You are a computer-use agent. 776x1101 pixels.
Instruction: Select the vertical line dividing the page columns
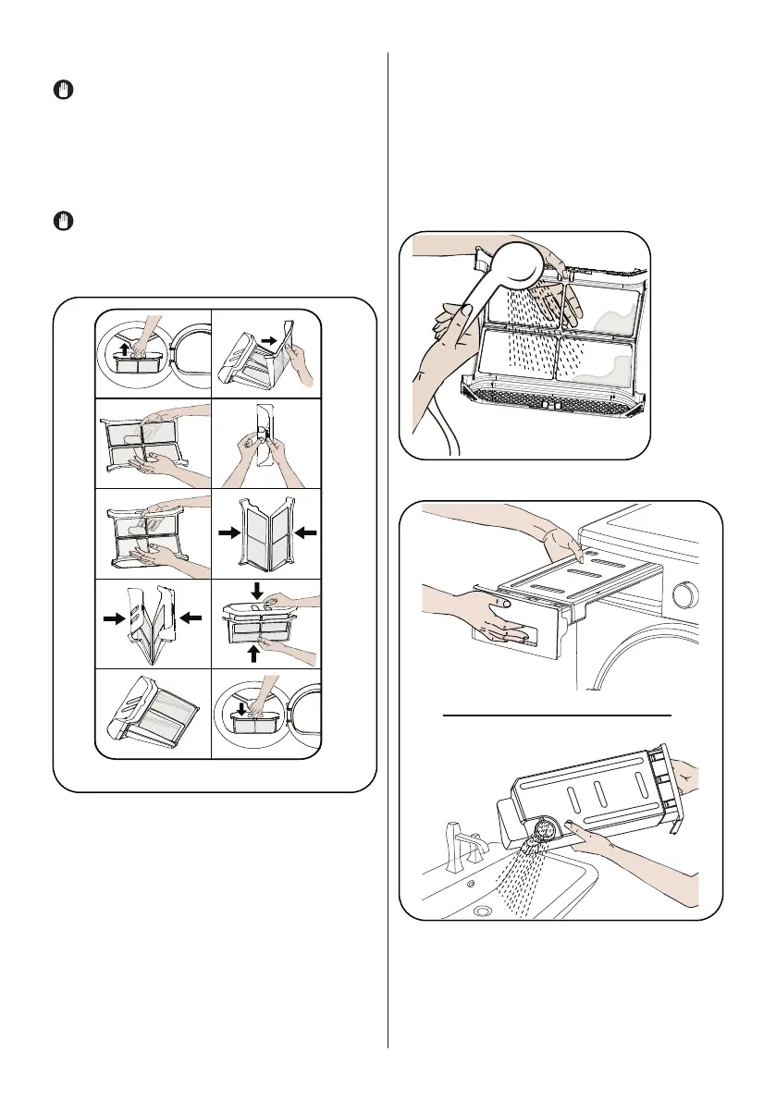coord(388,555)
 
